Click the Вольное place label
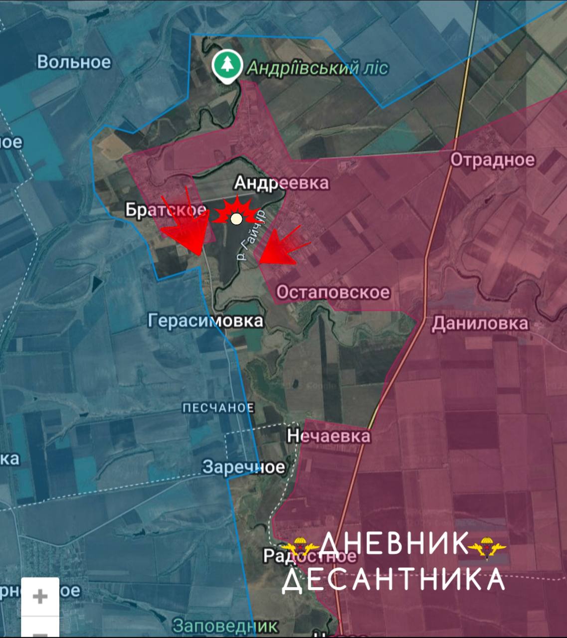point(74,62)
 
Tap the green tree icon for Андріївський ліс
point(227,67)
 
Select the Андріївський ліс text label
point(318,68)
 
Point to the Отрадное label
point(493,160)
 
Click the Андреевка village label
point(282,183)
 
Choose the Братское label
point(166,210)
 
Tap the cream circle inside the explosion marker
point(236,218)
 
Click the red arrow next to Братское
point(187,227)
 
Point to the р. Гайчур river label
point(251,236)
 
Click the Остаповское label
point(333,292)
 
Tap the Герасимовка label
point(205,320)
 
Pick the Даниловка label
point(480,323)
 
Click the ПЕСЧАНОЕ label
point(218,408)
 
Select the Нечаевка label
point(329,436)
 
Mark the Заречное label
point(243,467)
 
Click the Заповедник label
point(225,626)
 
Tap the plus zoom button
point(40,597)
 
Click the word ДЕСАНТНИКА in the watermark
point(393,579)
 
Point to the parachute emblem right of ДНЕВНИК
point(487,547)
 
